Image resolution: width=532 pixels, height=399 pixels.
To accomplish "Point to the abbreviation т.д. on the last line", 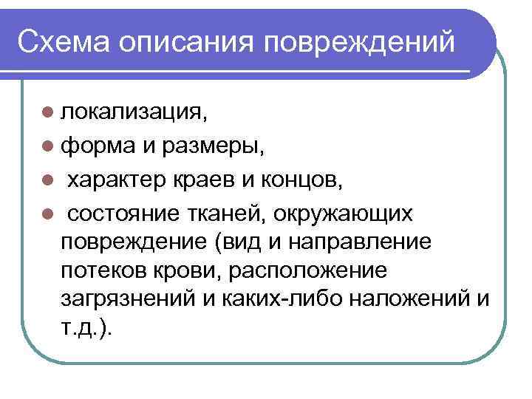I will pyautogui.click(x=81, y=327).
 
